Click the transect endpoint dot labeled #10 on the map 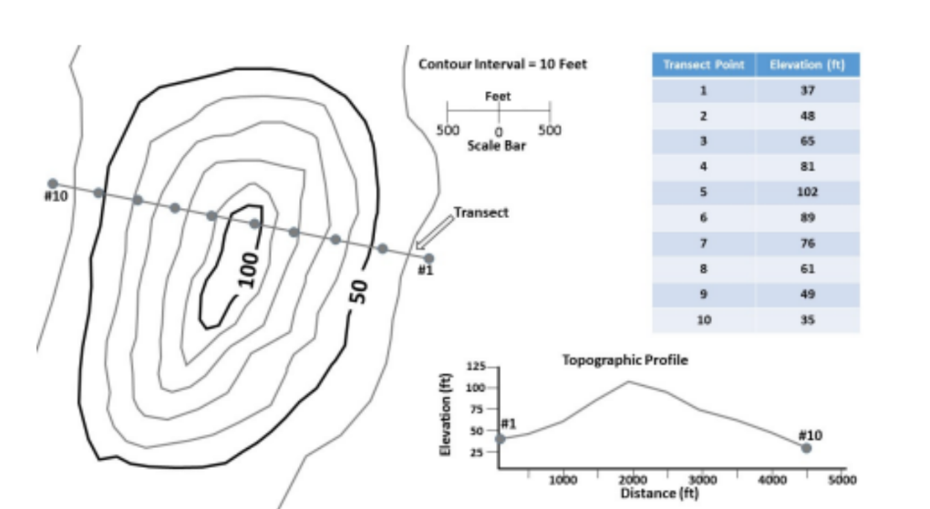53,183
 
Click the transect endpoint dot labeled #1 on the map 429,258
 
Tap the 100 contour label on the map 248,266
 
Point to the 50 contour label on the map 358,291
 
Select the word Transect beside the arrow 480,213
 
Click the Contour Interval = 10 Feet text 502,64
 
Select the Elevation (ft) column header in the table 807,65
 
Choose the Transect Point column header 703,65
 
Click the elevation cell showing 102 807,192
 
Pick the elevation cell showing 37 807,90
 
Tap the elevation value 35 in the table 807,320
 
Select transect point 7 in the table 703,244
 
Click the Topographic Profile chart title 625,360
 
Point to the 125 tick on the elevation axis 476,367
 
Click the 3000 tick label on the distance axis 702,479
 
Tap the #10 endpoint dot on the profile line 806,448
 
